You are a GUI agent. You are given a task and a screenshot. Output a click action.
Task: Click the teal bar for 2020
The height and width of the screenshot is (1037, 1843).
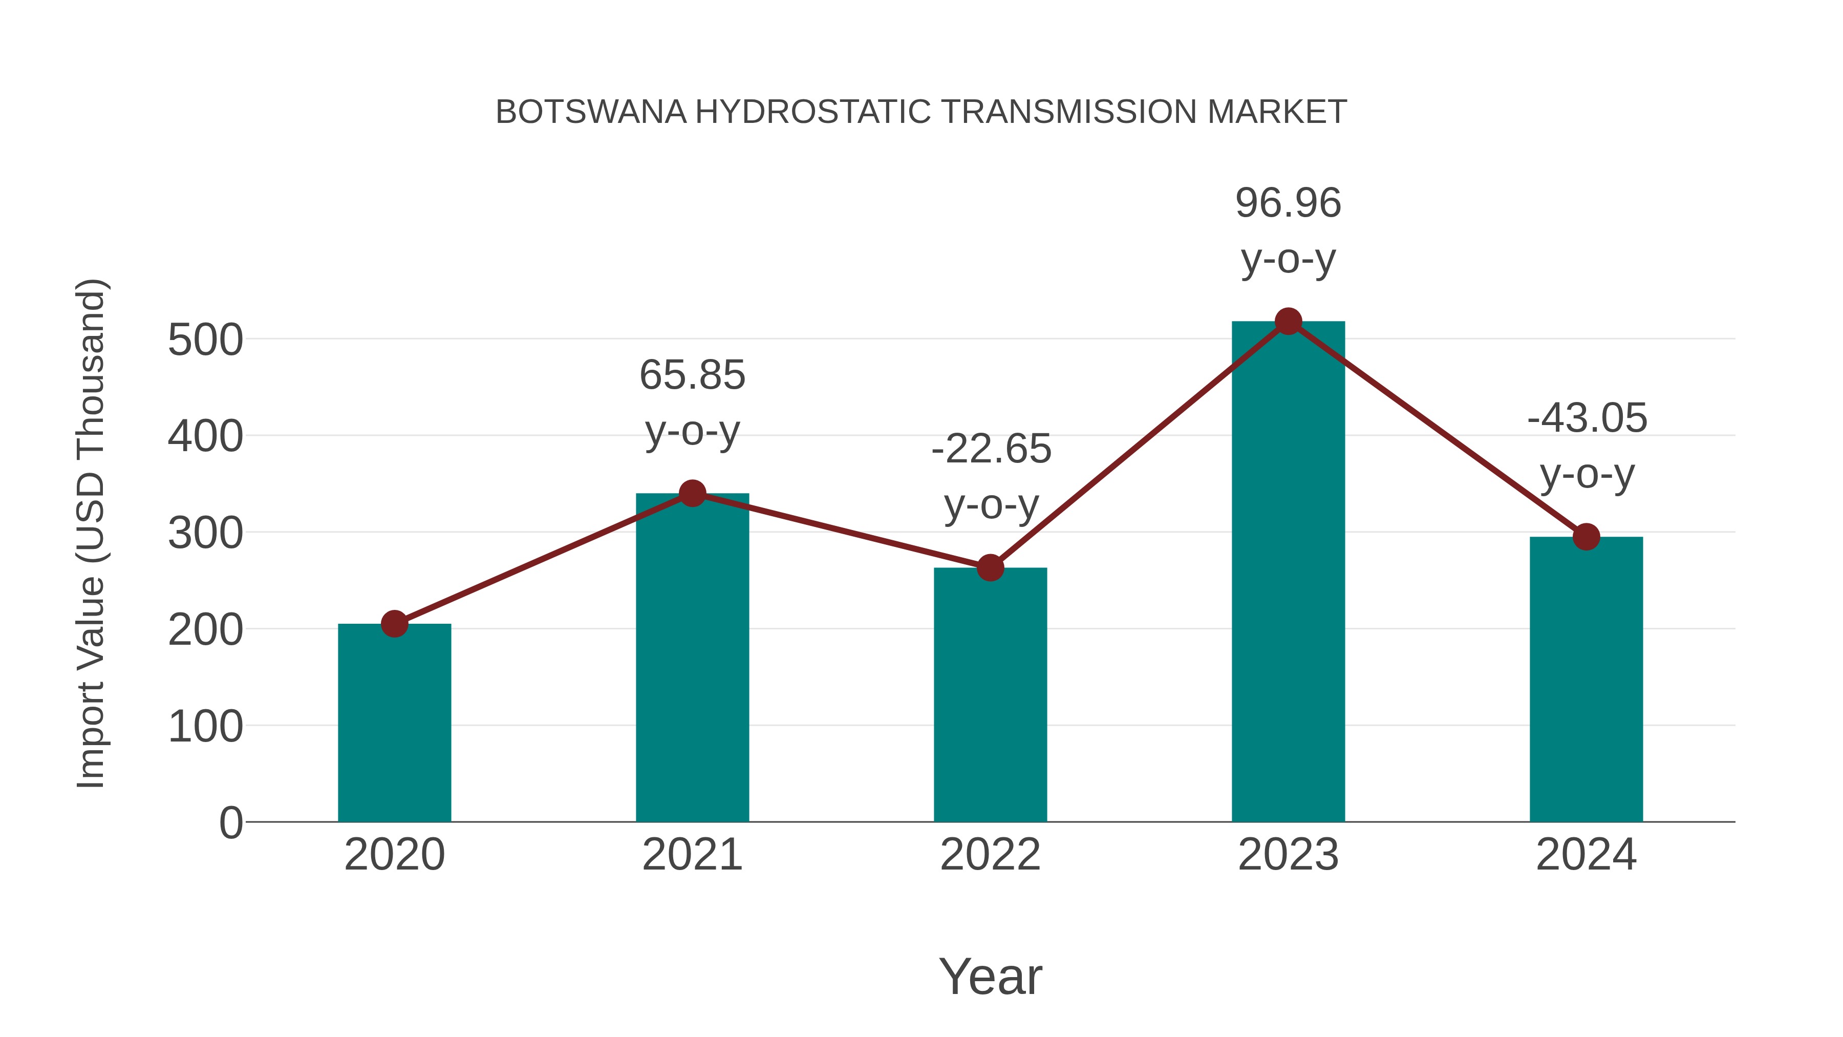pos(394,723)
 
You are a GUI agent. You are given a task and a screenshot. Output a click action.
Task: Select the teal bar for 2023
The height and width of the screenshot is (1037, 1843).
pos(1288,573)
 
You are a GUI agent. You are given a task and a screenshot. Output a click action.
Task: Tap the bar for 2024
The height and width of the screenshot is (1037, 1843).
pos(1586,680)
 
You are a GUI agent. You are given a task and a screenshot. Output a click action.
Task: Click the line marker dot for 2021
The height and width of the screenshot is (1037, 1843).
pos(692,493)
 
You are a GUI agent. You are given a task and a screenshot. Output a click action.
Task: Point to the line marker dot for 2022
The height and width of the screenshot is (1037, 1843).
pos(990,567)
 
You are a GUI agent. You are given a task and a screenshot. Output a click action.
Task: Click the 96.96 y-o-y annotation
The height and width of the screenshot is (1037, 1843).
pos(1288,230)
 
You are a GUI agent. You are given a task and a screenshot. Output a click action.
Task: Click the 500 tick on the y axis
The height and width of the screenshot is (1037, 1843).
pos(205,340)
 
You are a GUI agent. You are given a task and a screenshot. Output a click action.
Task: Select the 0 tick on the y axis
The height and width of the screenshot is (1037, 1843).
pos(230,823)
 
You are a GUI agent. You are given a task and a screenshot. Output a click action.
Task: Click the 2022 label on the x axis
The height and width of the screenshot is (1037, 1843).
pos(990,855)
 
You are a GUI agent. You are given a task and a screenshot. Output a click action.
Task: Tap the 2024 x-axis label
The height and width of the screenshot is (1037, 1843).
pos(1586,855)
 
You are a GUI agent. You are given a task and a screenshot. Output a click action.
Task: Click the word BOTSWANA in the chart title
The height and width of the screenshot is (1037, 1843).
pos(591,112)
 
